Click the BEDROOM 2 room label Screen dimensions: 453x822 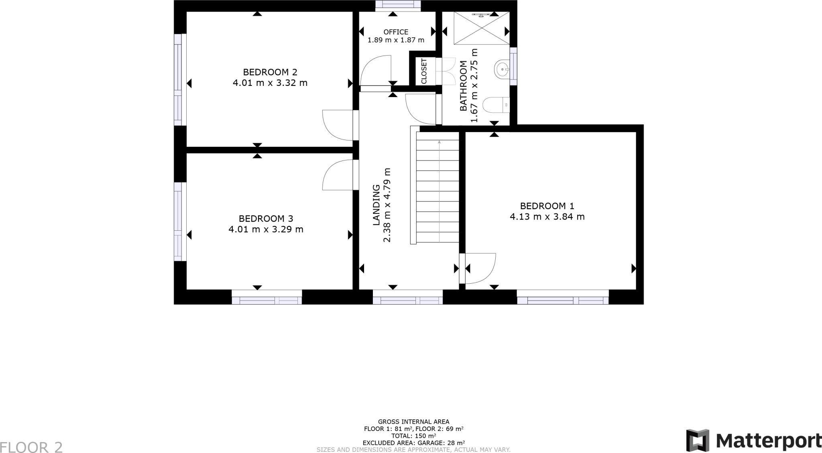click(x=270, y=72)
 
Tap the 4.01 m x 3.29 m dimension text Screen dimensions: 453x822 click(x=266, y=230)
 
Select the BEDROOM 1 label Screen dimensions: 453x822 click(x=547, y=206)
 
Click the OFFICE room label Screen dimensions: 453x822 click(x=396, y=32)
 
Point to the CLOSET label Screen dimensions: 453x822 click(x=424, y=71)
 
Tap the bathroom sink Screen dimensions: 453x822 click(x=502, y=69)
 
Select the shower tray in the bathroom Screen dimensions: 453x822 click(x=481, y=28)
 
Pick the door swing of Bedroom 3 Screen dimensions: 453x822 click(x=336, y=175)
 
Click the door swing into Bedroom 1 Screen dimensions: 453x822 click(x=480, y=268)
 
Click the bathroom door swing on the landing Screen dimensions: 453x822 click(x=420, y=109)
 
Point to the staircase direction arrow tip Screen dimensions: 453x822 click(x=439, y=142)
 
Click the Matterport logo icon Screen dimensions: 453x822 click(x=697, y=440)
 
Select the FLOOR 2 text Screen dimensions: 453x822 click(x=31, y=447)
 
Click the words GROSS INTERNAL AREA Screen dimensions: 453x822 click(x=413, y=422)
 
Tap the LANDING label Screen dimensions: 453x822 click(x=376, y=205)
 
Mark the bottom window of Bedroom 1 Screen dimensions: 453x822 click(x=563, y=300)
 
